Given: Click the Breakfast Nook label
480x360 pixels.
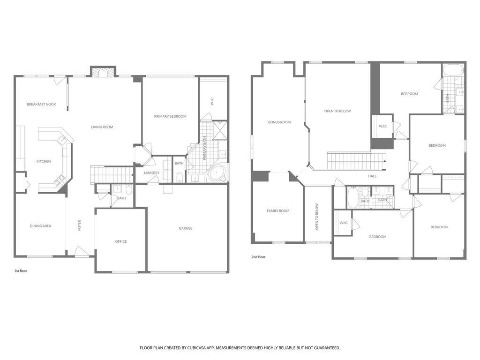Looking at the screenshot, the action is click(41, 105).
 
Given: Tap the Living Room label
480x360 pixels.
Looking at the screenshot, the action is click(102, 127).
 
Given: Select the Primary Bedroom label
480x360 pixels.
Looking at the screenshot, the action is click(170, 116).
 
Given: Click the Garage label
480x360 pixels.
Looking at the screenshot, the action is click(186, 228).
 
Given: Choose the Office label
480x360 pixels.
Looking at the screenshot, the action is click(121, 241).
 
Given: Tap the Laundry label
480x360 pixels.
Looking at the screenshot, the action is click(151, 173).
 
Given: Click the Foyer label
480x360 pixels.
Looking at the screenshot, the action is click(79, 225).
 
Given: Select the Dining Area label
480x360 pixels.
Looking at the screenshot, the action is click(40, 226).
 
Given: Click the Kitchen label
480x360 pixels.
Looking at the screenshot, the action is click(44, 161).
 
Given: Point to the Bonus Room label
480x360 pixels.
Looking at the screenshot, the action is click(279, 122).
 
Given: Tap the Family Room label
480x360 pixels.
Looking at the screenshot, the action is click(278, 210).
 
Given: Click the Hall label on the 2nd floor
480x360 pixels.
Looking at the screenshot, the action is click(372, 176).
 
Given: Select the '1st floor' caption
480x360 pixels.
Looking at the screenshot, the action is click(21, 271).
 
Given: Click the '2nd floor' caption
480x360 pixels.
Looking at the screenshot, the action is click(258, 257).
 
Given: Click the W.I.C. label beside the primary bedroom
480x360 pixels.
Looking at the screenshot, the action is click(212, 101).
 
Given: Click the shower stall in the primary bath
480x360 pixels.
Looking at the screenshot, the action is click(220, 130).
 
